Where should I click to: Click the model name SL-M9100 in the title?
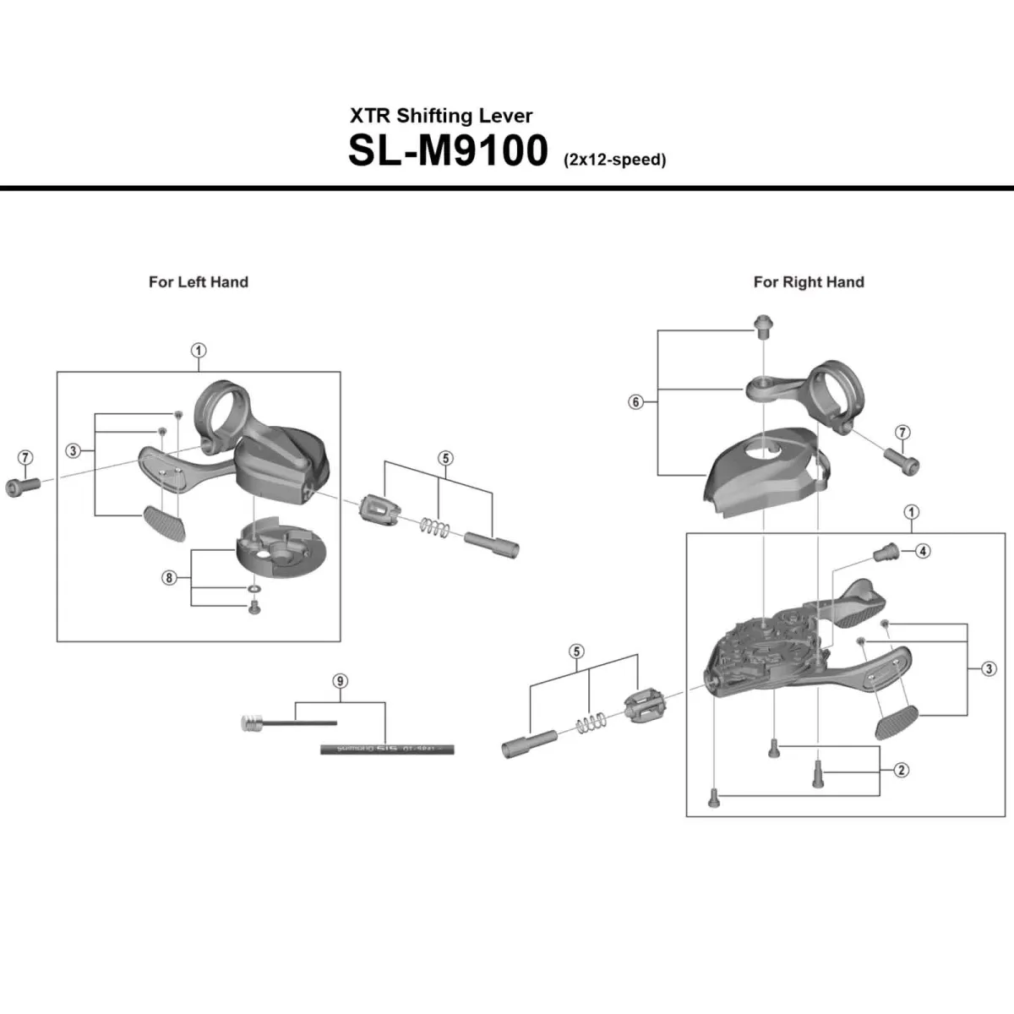448,150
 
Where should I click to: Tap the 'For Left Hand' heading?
199,282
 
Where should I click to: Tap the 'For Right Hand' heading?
809,282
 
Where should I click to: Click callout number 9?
341,681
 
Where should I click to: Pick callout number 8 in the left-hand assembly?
170,578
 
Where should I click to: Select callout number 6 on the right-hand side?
636,402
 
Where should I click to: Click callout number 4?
923,551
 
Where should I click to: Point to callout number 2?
902,770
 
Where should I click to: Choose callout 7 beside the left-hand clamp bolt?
25,458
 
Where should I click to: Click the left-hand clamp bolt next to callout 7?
23,486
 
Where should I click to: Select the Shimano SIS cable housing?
387,749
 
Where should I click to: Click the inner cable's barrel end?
251,722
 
